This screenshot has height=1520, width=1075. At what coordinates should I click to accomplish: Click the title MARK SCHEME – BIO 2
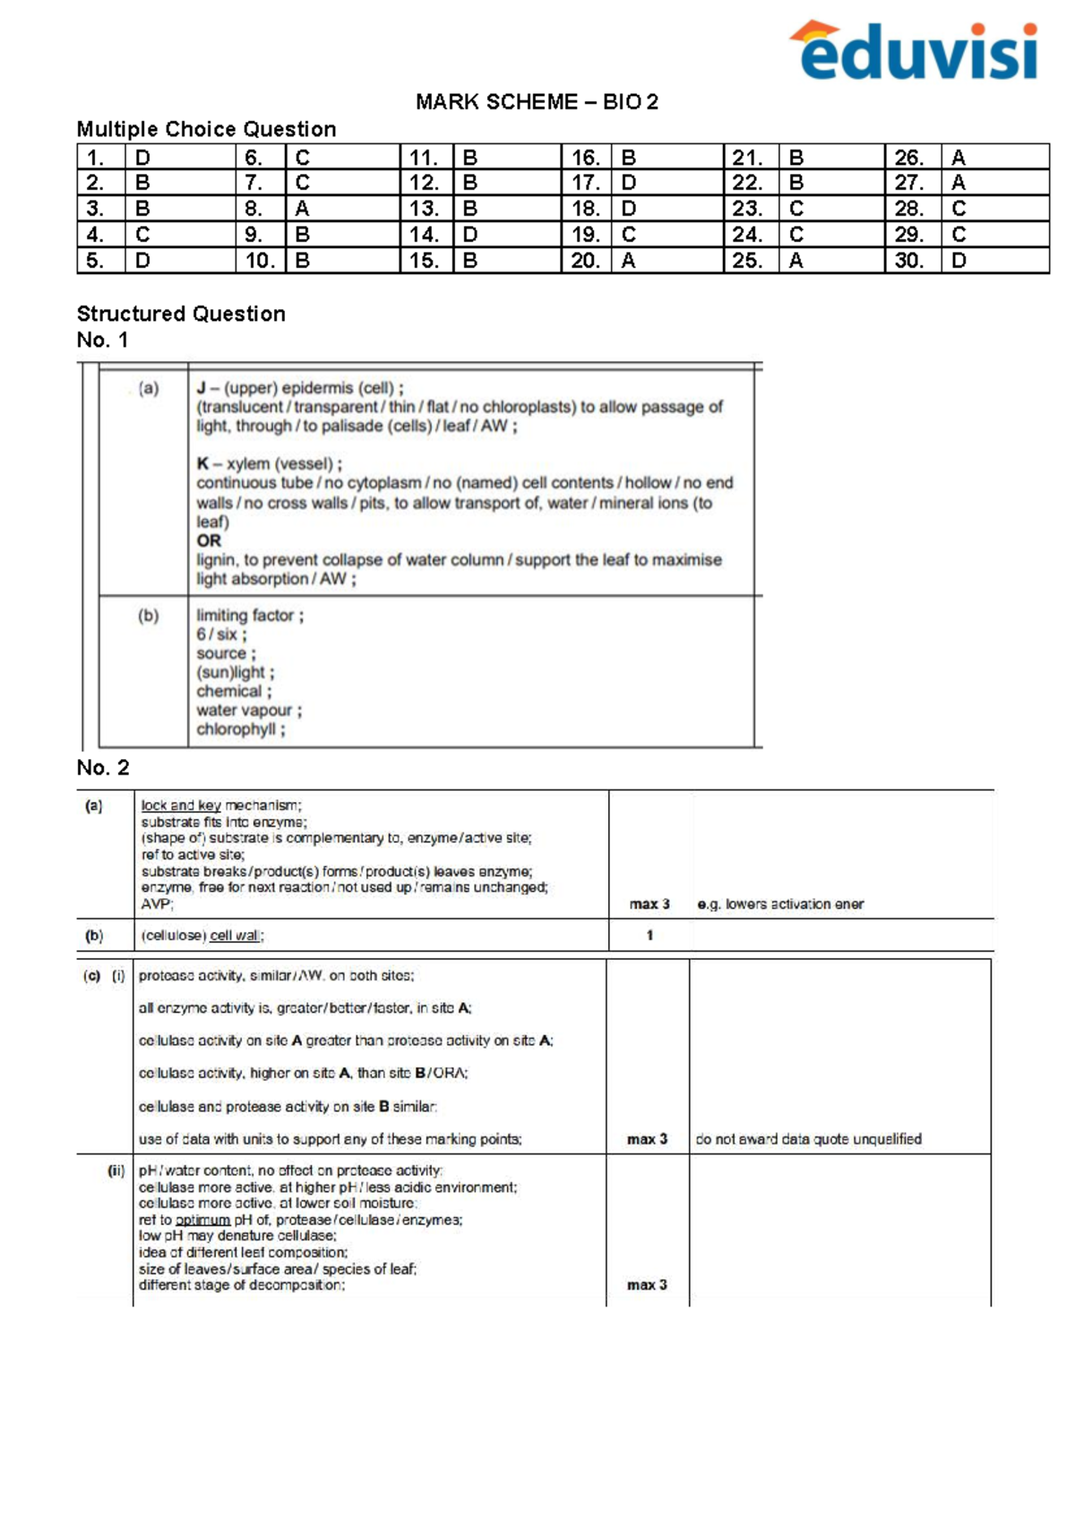tap(537, 102)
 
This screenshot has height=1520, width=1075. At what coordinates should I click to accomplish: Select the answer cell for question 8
tap(342, 209)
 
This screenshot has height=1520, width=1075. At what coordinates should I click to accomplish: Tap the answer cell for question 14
tap(506, 235)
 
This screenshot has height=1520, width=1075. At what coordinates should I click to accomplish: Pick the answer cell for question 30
tap(994, 261)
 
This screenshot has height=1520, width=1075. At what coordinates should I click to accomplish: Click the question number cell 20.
tap(586, 261)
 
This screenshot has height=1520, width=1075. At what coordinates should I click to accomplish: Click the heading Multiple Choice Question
tap(206, 129)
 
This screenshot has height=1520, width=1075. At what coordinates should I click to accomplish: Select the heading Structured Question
tap(181, 314)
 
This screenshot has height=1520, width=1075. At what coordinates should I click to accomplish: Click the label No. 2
tap(102, 767)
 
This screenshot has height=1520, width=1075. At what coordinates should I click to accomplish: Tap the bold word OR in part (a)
tap(209, 540)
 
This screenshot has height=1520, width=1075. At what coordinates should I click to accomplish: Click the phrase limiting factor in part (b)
tap(246, 616)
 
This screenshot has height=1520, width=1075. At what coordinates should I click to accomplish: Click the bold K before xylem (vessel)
tap(202, 463)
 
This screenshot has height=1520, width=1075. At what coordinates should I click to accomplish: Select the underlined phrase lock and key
tap(181, 805)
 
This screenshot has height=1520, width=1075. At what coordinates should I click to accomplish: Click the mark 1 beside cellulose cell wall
tap(649, 935)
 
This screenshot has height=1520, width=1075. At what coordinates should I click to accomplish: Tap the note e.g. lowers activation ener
tap(780, 904)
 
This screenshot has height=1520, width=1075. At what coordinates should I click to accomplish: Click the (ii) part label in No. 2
tap(116, 1170)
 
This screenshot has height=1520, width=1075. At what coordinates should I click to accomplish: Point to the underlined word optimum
tap(202, 1220)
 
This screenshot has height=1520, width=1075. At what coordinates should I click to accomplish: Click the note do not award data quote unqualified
tap(808, 1139)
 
